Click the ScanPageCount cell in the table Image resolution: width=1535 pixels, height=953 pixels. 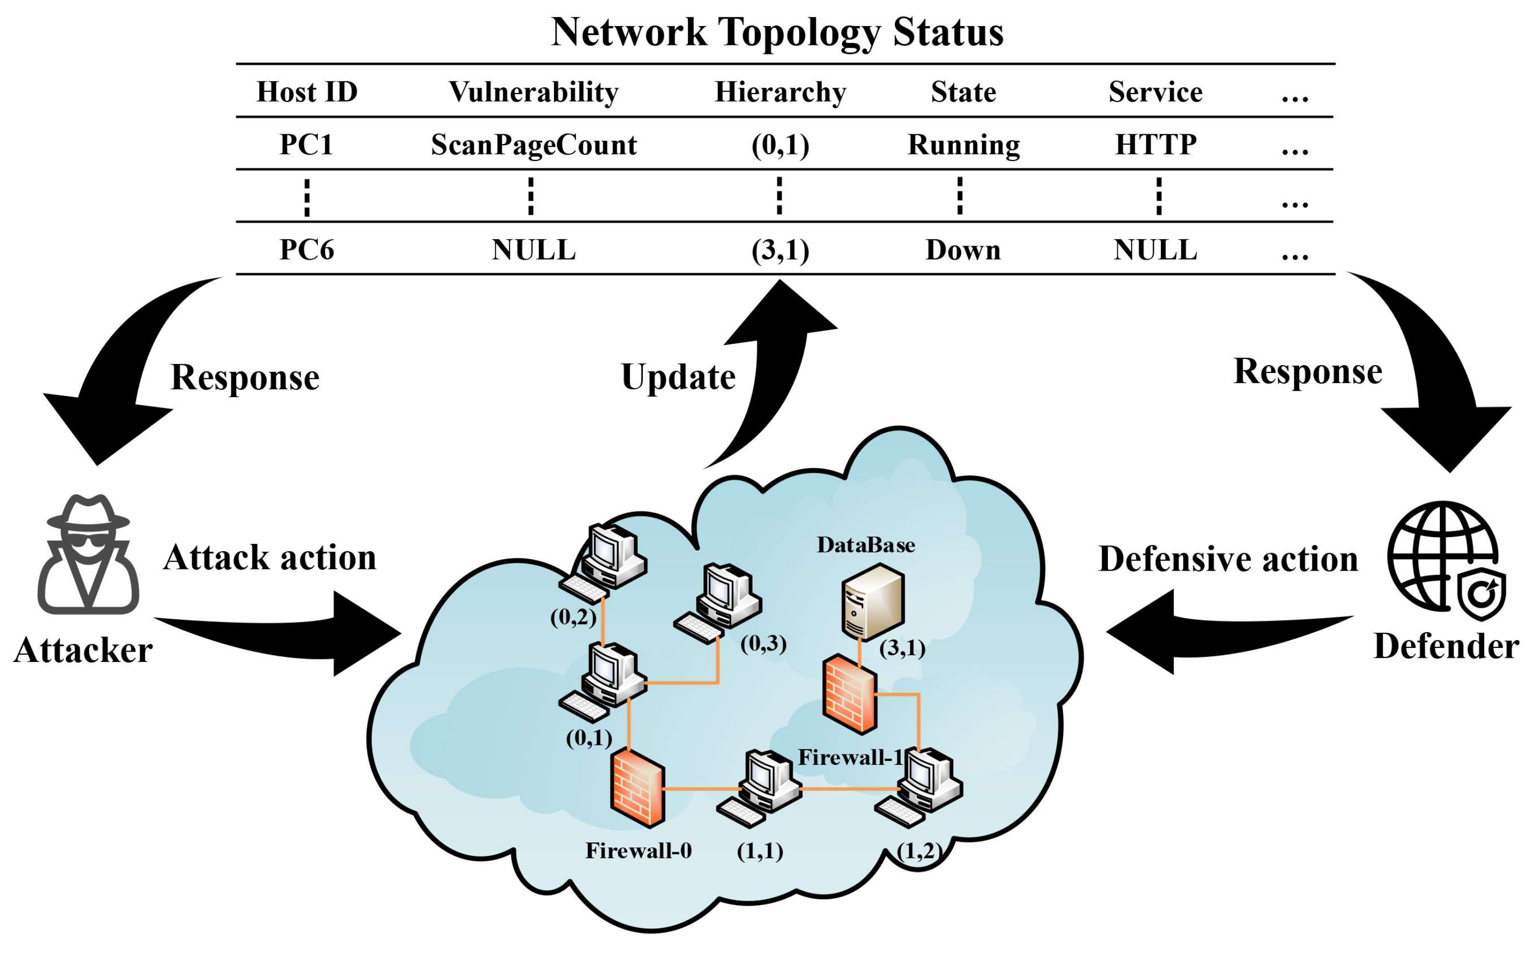pyautogui.click(x=533, y=144)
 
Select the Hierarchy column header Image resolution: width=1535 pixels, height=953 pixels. pyautogui.click(x=780, y=92)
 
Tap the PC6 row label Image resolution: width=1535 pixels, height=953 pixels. pyautogui.click(x=306, y=250)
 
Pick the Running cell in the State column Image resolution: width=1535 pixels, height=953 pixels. pyautogui.click(x=963, y=144)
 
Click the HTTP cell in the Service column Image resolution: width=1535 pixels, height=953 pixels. pyautogui.click(x=1155, y=144)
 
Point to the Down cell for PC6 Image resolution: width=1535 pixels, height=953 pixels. pyautogui.click(x=963, y=250)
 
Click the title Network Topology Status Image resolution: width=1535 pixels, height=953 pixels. pyautogui.click(x=777, y=31)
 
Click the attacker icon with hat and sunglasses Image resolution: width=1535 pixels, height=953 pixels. pyautogui.click(x=88, y=555)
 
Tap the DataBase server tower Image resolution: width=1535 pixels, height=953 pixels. pyautogui.click(x=873, y=602)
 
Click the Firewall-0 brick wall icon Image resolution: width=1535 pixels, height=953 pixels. pyautogui.click(x=637, y=788)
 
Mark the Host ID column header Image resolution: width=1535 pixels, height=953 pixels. pyautogui.click(x=306, y=92)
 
